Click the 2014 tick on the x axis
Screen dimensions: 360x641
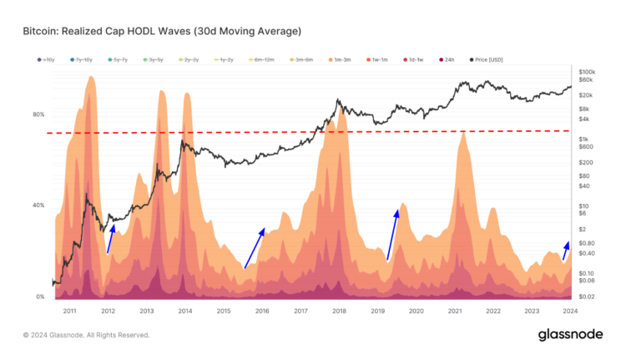pos(184,311)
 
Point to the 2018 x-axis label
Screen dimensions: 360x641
pos(339,311)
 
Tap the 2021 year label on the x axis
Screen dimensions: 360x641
pos(455,311)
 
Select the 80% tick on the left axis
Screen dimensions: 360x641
pos(38,114)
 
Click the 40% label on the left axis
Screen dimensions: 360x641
pos(38,205)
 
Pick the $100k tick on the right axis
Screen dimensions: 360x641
pos(587,73)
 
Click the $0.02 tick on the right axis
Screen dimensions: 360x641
pos(587,297)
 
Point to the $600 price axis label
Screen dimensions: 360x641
pos(585,148)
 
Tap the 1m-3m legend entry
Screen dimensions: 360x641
pos(341,59)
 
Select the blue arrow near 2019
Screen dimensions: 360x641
pos(392,236)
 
